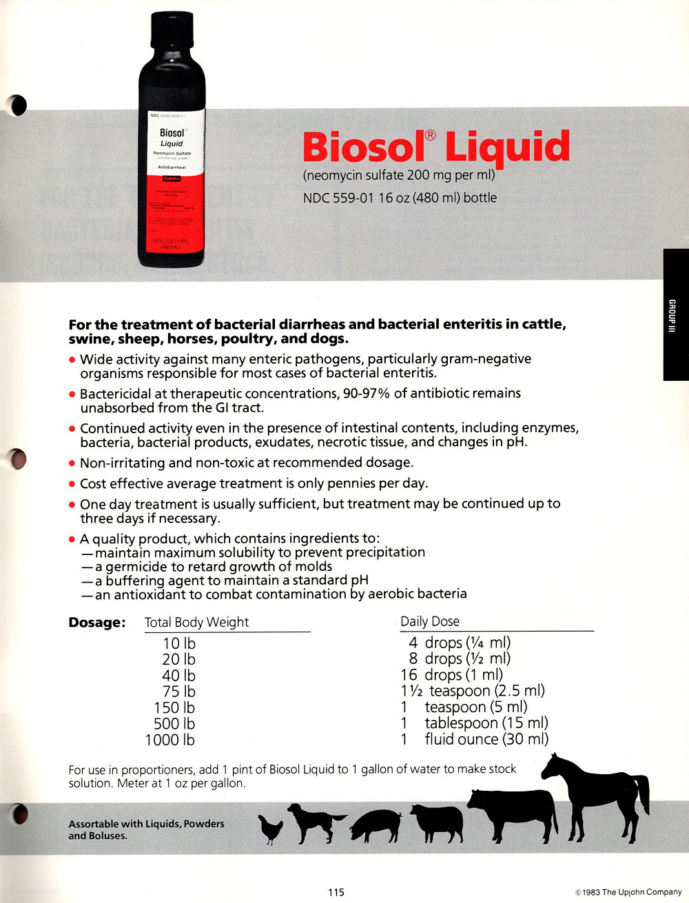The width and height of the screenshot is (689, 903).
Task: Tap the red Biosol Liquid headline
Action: pos(436,147)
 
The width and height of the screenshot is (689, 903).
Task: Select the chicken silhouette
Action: pos(271,829)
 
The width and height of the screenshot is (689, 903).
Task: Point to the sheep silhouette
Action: pos(437,822)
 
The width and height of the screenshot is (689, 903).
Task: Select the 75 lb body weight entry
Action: pos(178,692)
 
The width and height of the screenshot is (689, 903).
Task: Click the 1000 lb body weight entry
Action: pos(170,740)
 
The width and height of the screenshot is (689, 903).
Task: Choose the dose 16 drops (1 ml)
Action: pos(452,675)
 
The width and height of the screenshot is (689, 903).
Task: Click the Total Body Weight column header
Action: pos(196,623)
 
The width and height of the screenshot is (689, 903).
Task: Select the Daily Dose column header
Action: pos(430,621)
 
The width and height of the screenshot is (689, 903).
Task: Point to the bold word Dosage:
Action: pos(96,623)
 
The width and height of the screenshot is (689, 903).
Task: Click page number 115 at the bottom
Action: pos(336,893)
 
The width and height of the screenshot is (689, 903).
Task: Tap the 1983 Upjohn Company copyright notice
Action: pos(628,893)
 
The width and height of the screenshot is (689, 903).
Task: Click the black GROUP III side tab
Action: pos(675,314)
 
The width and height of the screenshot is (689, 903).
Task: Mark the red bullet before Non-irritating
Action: pos(72,464)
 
